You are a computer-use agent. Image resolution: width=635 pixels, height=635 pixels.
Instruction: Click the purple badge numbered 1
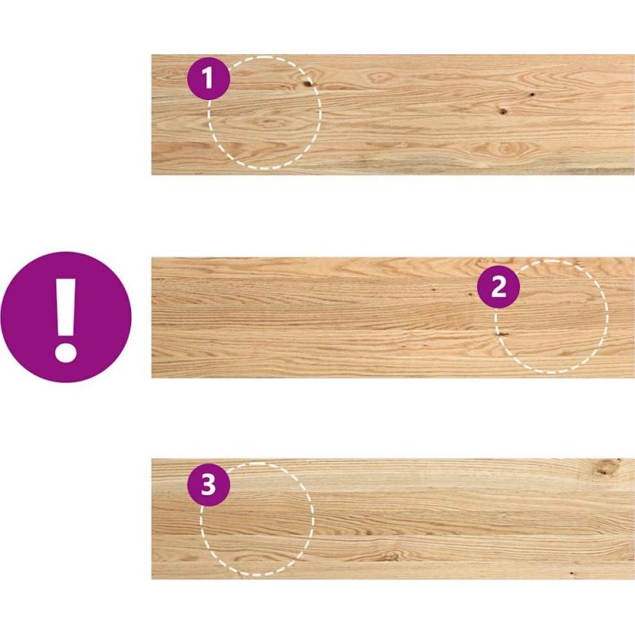point(209,78)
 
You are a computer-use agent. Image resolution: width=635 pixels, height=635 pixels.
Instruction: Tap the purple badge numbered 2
point(498,287)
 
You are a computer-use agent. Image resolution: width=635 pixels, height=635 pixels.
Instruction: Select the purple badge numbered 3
point(209,485)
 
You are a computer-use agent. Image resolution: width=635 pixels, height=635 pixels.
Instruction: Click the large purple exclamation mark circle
point(66,317)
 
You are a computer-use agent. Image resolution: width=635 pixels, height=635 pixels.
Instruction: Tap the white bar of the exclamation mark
point(66,306)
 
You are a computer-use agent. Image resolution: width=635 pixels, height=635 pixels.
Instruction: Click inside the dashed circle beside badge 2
point(552,316)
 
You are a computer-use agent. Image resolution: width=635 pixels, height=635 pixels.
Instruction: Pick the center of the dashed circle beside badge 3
point(256,519)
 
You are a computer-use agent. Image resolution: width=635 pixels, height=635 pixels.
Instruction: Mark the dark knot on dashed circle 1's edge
point(308,83)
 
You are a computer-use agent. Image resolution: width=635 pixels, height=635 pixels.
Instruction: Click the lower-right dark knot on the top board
point(502,110)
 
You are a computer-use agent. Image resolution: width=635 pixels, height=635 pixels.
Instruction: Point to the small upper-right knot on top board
point(532,94)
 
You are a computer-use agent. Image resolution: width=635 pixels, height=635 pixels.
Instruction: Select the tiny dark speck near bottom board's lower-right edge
point(571,573)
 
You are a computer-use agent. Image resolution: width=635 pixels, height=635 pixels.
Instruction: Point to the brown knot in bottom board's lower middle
point(390,557)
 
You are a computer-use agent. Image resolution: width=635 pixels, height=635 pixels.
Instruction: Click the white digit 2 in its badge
point(498,287)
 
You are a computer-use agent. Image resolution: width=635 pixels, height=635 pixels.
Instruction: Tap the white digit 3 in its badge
point(209,485)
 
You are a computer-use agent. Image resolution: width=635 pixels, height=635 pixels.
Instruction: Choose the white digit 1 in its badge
point(208,78)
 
